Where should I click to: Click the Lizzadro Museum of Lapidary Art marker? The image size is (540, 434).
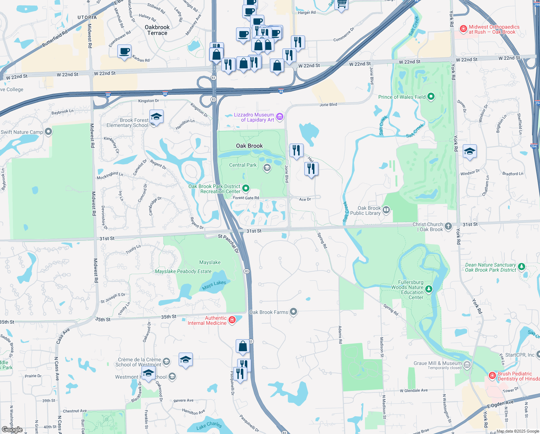click(x=279, y=117)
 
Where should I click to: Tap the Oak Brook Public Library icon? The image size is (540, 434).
click(x=386, y=210)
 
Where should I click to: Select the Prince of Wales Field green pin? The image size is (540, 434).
click(x=431, y=97)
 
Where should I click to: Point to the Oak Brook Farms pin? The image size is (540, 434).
click(x=293, y=312)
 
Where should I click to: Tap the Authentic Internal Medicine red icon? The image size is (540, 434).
click(x=232, y=320)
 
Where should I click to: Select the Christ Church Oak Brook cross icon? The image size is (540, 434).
click(x=448, y=226)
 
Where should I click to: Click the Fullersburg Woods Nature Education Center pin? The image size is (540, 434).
click(x=428, y=289)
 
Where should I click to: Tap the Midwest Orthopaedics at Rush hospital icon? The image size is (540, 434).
click(x=463, y=29)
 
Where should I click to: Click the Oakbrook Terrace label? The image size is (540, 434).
click(x=157, y=30)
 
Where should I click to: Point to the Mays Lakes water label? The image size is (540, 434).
click(x=214, y=285)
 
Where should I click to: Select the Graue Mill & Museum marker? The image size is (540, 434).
click(x=467, y=365)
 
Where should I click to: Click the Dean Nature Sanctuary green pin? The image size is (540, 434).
click(x=521, y=267)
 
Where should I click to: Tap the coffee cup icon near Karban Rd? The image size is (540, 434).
click(x=124, y=51)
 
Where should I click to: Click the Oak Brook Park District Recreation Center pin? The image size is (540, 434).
click(x=246, y=188)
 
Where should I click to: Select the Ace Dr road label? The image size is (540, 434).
click(x=305, y=199)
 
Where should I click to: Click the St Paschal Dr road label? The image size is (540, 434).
click(x=228, y=243)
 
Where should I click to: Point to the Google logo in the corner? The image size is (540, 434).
click(x=12, y=430)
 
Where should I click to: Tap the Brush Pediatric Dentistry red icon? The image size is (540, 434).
click(x=492, y=376)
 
